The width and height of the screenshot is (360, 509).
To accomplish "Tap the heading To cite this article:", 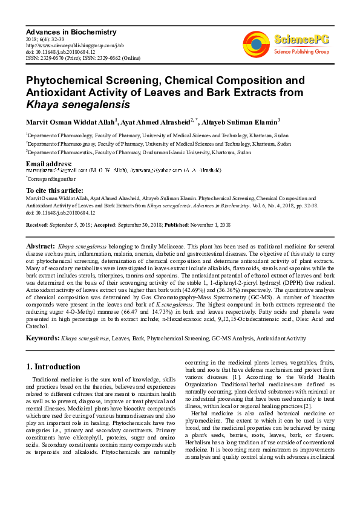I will click(54, 190).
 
